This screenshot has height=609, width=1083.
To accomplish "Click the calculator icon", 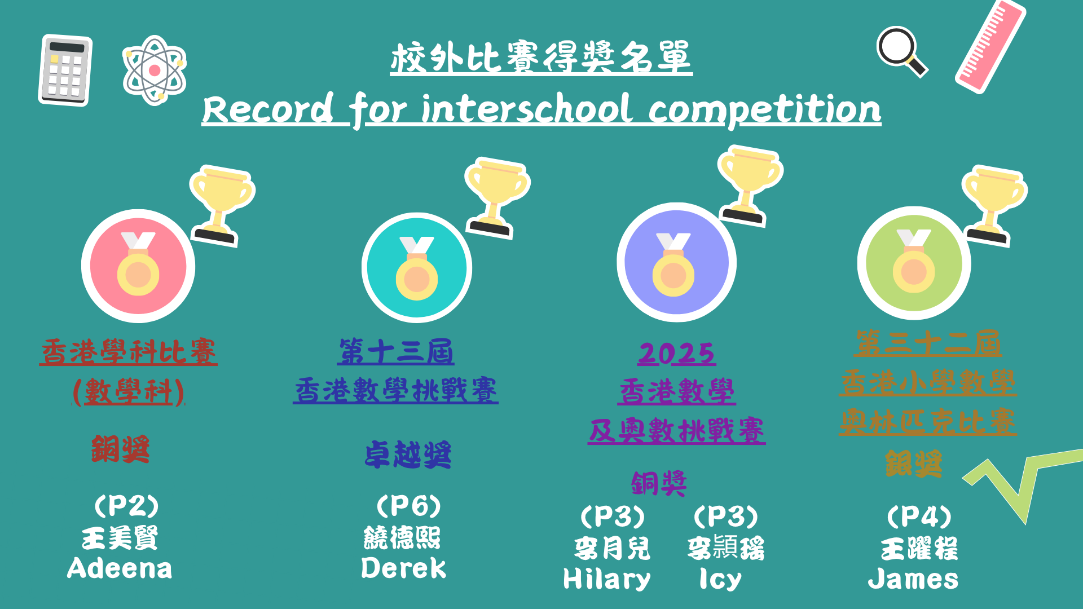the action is (65, 70).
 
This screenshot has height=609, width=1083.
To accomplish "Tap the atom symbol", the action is (155, 70).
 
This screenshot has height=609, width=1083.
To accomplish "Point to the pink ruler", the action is (990, 46).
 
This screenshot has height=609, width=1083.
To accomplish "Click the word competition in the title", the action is (765, 111).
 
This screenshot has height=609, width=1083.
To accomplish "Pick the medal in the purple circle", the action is (673, 264).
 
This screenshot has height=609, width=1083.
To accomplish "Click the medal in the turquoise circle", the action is (417, 268).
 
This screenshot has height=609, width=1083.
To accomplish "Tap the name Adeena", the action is (120, 568).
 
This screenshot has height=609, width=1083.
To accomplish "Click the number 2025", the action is (677, 354).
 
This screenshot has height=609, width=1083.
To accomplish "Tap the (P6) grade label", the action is (408, 506).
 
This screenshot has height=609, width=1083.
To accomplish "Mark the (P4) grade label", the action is (919, 517).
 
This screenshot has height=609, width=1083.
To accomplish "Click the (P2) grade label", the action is (126, 506).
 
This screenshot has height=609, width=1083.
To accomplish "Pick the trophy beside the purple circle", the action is (750, 186).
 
